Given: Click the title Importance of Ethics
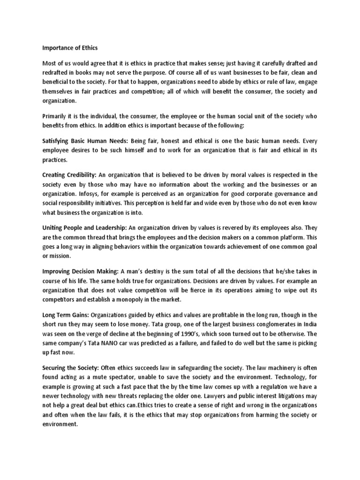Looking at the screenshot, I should pyautogui.click(x=70, y=47).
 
